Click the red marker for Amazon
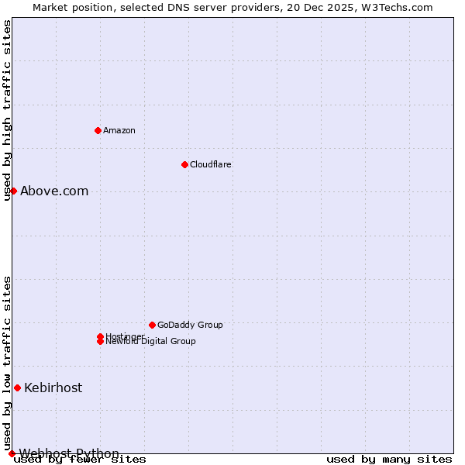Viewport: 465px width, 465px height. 98,130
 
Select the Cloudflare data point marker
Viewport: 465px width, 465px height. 184,164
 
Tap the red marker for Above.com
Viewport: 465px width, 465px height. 13,191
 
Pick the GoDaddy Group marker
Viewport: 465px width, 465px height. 152,325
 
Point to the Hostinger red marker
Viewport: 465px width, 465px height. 100,336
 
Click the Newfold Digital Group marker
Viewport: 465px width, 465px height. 100,342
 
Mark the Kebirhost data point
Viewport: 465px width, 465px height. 17,387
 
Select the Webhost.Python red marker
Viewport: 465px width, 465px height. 12,453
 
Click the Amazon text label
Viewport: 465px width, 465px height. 119,130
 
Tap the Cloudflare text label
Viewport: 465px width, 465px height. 211,164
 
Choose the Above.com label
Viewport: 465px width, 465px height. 54,191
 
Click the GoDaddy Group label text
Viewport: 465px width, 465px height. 190,325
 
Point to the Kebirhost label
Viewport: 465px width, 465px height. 53,387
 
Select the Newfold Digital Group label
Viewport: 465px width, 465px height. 151,342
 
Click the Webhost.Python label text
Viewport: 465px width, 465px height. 69,453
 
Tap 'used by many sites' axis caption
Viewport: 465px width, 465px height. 389,459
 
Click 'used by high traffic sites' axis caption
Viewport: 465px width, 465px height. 8,110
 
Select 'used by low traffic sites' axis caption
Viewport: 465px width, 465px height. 8,363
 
